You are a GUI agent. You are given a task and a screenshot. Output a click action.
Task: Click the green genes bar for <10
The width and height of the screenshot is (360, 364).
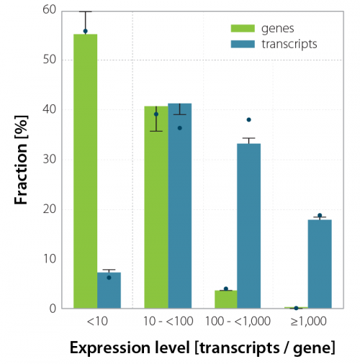86,173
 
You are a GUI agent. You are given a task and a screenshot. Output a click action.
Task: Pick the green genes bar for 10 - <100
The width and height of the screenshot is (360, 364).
156,209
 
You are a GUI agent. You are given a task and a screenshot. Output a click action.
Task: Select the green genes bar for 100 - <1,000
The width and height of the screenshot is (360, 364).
225,299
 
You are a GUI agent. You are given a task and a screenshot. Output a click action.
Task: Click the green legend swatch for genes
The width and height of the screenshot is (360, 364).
238,29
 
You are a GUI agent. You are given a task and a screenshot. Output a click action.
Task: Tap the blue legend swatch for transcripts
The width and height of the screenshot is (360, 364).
238,43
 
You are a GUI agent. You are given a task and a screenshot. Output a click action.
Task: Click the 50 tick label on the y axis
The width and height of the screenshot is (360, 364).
50,60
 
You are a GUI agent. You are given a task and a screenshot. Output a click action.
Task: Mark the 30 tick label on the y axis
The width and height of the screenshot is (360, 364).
50,159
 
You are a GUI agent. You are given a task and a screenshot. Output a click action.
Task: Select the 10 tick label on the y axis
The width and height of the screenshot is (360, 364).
50,258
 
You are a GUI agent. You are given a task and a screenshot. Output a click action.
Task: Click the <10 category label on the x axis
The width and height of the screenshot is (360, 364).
96,319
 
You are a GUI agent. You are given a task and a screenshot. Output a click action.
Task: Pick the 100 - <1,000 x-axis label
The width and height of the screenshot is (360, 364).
237,319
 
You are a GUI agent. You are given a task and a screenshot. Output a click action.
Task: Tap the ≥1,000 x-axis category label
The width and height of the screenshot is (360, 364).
307,319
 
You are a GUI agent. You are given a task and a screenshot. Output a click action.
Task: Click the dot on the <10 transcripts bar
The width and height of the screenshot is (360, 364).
109,277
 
